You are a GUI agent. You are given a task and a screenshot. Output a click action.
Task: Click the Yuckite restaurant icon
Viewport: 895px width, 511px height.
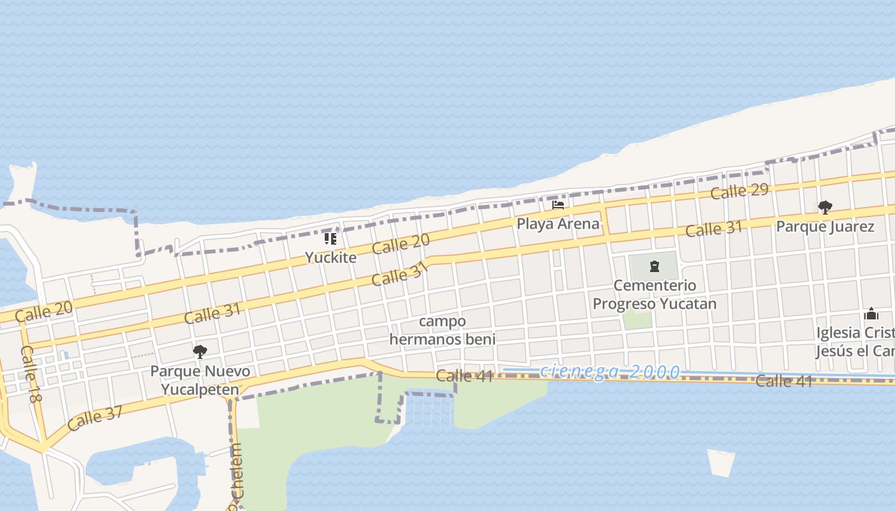pos(330,239)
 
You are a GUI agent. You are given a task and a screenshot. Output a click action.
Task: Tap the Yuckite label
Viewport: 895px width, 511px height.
pos(330,257)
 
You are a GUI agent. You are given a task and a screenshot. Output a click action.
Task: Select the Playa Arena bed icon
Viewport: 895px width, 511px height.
pos(558,205)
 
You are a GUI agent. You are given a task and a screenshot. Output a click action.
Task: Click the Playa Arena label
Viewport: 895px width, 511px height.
pos(558,224)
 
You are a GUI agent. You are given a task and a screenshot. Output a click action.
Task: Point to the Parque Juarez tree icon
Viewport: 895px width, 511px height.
pos(825,207)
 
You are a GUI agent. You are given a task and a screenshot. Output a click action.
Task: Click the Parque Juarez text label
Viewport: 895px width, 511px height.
pos(825,226)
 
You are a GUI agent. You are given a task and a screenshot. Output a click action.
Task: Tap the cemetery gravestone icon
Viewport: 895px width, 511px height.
pos(654,266)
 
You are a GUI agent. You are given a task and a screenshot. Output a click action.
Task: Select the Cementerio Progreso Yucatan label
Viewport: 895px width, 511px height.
pos(655,294)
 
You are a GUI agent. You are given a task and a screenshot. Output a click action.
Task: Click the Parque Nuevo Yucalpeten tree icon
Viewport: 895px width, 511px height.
pos(199,351)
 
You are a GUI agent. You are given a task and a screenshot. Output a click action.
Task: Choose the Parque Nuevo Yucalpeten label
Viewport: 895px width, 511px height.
pos(200,380)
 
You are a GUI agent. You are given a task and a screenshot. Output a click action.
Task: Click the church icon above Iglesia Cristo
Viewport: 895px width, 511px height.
pos(871,314)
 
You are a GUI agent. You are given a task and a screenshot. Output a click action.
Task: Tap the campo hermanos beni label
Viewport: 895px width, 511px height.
pos(442,330)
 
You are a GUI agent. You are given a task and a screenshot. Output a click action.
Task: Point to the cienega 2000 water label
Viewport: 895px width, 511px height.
pos(609,372)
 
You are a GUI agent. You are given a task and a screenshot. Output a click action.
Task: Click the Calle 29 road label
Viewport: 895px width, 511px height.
pos(740,190)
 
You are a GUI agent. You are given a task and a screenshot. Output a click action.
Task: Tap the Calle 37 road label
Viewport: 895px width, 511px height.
pos(95,418)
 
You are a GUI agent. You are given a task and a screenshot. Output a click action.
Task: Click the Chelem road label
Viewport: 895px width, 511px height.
pos(237,482)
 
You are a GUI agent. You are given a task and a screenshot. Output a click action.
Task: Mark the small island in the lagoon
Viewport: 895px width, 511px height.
pos(721,462)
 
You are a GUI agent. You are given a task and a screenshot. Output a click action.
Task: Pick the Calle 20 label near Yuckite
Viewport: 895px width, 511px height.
pos(401,244)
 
